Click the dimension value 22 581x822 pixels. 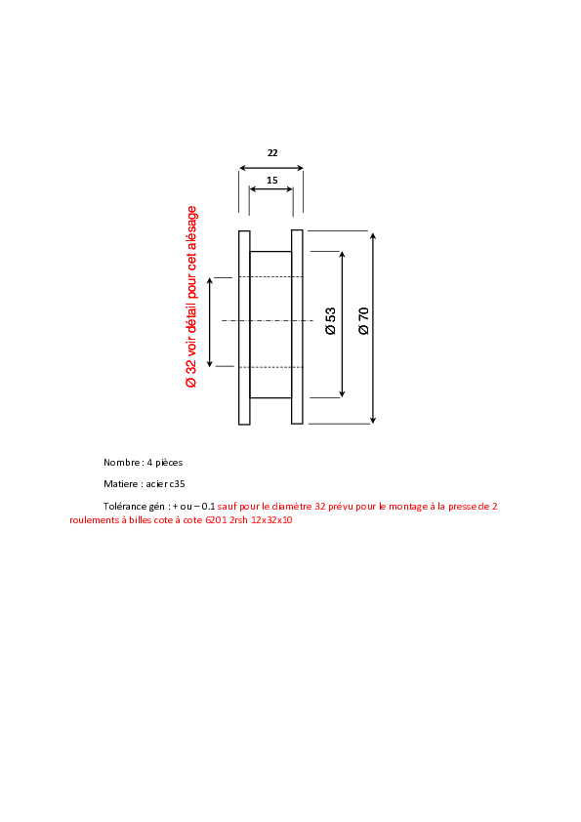tap(272, 152)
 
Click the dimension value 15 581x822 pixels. tap(272, 181)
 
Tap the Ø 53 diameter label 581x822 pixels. tap(330, 321)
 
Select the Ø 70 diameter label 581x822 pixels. tap(363, 321)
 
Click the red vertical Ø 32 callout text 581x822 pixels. tap(191, 297)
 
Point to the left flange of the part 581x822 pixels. tap(244, 328)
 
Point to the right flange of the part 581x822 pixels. tap(297, 327)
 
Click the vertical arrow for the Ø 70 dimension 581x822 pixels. tap(373, 328)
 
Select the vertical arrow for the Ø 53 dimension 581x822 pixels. tap(343, 324)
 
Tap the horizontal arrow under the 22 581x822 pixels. tap(271, 168)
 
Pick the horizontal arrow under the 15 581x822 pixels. tap(271, 189)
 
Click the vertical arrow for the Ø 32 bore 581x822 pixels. tap(210, 322)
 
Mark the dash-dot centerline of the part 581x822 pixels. tap(268, 320)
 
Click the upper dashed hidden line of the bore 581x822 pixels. tap(271, 277)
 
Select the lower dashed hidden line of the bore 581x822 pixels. tap(271, 367)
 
